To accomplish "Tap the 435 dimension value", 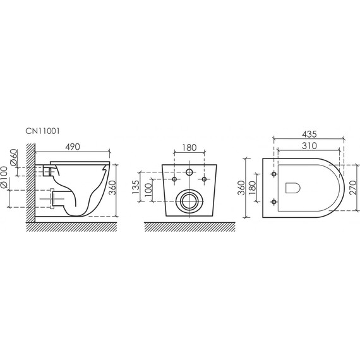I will pyautogui.click(x=309, y=135).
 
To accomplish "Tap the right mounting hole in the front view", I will pyautogui.click(x=205, y=180).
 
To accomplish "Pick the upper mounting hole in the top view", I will pyautogui.click(x=273, y=173).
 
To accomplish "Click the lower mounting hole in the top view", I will pyautogui.click(x=273, y=202).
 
